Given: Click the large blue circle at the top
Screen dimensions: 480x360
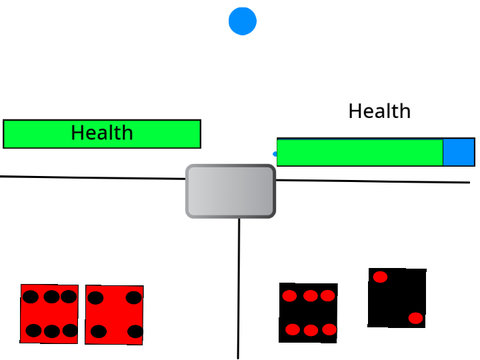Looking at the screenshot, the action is (242, 21).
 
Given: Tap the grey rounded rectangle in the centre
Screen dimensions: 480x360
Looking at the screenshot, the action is (230, 191).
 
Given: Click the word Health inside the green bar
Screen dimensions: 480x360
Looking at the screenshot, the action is (102, 133).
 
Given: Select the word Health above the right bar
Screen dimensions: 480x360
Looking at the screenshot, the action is (379, 111).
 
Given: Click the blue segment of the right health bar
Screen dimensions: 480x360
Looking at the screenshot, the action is (459, 152).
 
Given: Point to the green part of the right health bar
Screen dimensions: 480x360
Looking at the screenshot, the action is (360, 152).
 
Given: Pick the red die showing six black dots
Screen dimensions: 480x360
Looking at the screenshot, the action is (49, 314).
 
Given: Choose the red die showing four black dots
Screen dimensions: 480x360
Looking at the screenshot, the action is (114, 315).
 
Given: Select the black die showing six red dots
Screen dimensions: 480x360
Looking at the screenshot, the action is (308, 313).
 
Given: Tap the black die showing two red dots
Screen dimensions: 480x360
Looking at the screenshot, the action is (397, 298).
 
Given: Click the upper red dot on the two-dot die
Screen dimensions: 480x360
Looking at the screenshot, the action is (380, 277).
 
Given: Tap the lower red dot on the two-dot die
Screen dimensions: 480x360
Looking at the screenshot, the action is (416, 318).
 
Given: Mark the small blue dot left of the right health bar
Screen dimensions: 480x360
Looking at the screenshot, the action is (275, 154).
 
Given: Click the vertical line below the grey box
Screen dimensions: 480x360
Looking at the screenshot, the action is (239, 289).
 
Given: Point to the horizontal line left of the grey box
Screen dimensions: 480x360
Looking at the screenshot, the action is (93, 178).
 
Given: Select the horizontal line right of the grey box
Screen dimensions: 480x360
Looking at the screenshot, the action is (373, 181).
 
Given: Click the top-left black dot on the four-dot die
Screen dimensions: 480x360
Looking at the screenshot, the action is (95, 298).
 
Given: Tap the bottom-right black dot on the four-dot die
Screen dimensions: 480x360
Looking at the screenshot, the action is (135, 332).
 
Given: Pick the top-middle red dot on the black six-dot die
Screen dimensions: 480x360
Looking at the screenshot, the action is (310, 296).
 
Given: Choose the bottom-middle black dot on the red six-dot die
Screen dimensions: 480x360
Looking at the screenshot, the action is (52, 331).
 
